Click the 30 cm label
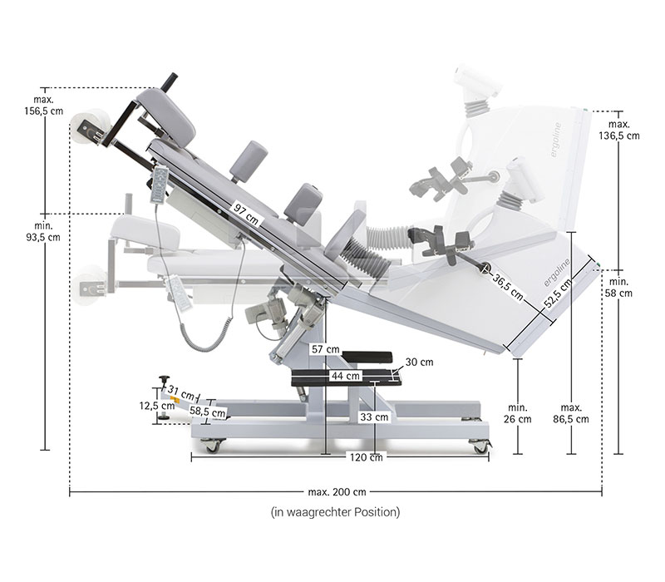(x=420, y=363)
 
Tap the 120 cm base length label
(x=366, y=457)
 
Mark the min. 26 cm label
(x=519, y=413)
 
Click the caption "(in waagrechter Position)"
(x=335, y=512)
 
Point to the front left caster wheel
(x=213, y=446)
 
